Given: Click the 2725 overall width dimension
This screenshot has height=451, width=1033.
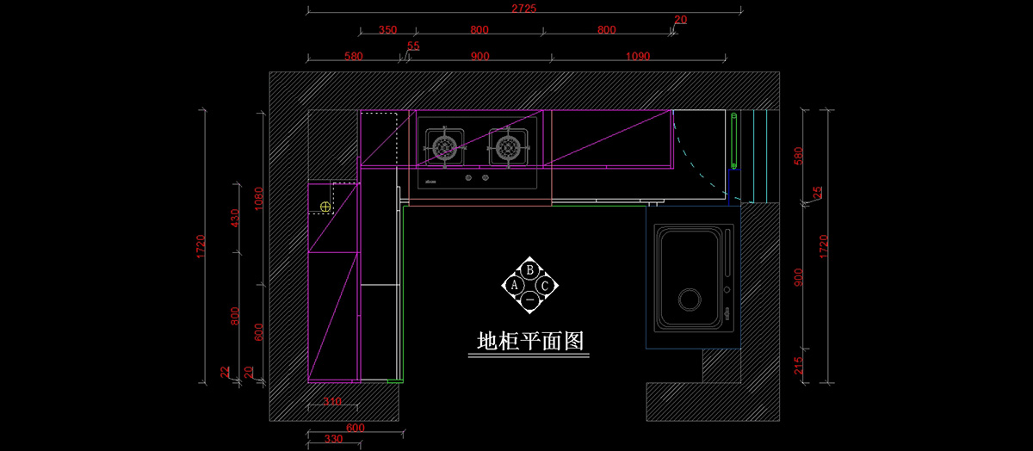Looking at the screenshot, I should [524, 9].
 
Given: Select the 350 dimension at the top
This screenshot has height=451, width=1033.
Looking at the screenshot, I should [387, 30].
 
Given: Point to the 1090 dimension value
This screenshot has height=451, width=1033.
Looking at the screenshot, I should [638, 57].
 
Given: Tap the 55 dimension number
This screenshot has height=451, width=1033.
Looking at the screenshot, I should [413, 46].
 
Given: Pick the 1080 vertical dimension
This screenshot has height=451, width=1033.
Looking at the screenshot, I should [259, 199].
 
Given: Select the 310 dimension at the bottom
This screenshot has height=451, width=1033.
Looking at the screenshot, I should [332, 402].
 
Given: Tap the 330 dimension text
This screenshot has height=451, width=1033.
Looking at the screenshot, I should [332, 439].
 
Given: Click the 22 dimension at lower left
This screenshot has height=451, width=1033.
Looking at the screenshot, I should [226, 372].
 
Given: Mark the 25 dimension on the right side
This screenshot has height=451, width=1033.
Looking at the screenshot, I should [818, 193].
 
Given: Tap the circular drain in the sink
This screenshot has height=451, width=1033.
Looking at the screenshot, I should [690, 300].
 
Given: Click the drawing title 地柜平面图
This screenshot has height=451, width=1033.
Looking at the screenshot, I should [531, 342].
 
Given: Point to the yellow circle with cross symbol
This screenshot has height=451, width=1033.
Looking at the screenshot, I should [325, 207].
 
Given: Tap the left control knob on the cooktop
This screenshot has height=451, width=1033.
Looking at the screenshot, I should [468, 178].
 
